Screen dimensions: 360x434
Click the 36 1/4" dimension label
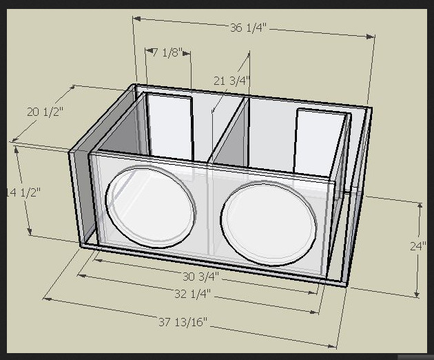tap(247, 28)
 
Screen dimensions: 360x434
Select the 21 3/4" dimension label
tap(230, 81)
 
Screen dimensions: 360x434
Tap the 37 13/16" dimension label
tap(183, 322)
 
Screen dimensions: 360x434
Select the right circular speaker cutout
tap(269, 222)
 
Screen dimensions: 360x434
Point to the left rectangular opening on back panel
tap(170, 128)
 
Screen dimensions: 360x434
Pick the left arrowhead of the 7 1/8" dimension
tap(147, 50)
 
